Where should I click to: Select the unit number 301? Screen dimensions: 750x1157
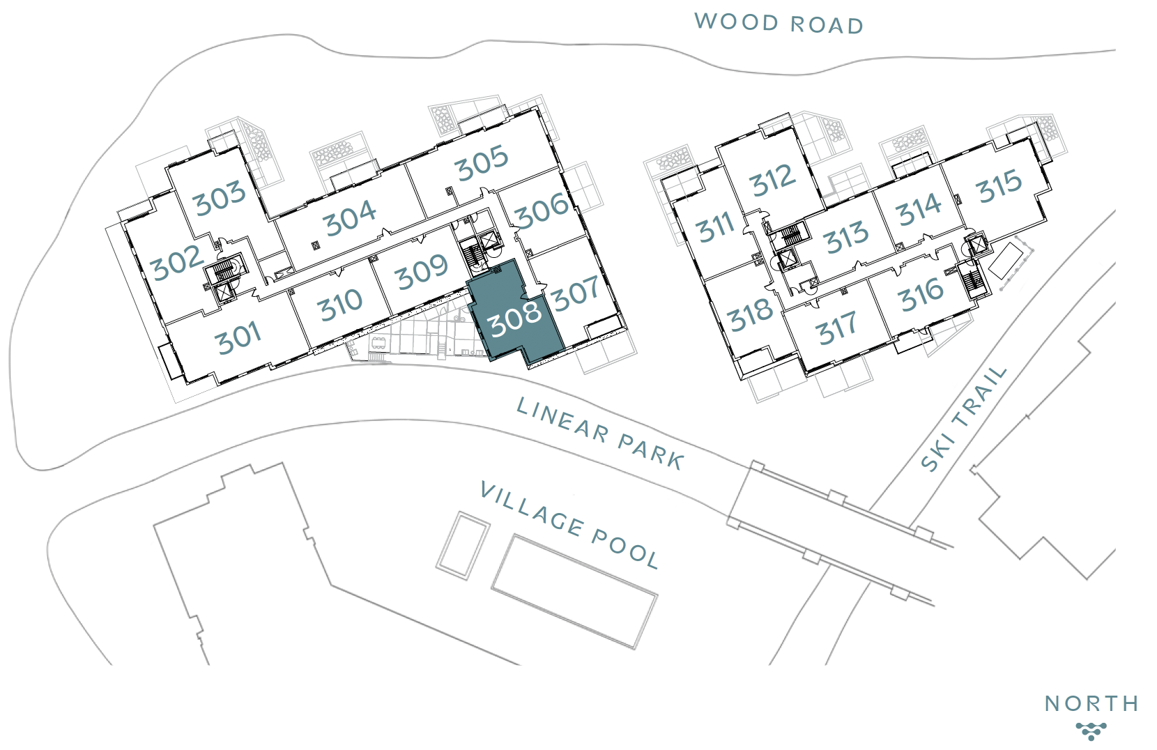(x=238, y=338)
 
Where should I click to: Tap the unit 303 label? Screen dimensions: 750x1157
(x=220, y=197)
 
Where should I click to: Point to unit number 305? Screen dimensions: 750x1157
(x=482, y=163)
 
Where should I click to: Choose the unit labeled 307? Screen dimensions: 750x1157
(x=576, y=293)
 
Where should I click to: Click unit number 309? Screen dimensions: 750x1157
(x=422, y=271)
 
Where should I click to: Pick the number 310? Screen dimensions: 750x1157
(x=340, y=305)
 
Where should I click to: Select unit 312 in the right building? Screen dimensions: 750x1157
(x=772, y=181)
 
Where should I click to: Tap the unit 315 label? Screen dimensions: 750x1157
(x=999, y=186)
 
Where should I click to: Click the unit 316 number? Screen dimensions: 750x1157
(x=921, y=295)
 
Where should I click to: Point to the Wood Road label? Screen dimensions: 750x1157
(x=779, y=23)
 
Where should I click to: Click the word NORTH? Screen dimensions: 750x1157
(x=1091, y=704)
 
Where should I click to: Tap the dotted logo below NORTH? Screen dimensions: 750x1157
(x=1091, y=730)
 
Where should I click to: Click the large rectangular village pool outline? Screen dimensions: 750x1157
(x=574, y=592)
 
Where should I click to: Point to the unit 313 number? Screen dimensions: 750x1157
(x=846, y=238)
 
